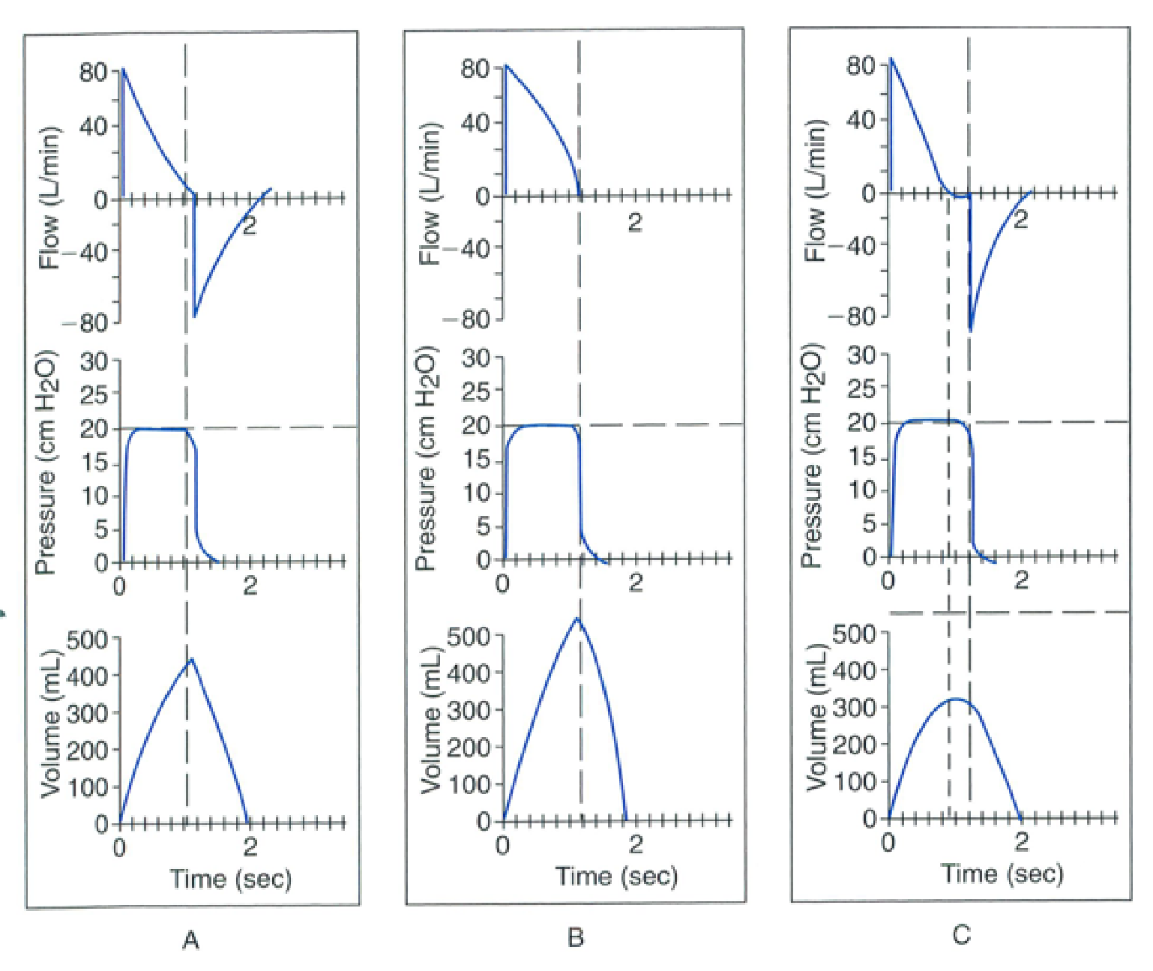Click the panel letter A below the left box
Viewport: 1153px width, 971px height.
pos(190,940)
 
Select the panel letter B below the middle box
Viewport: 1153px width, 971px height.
pos(576,937)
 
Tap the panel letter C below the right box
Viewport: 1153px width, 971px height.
pos(961,935)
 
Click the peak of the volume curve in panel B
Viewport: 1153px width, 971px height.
pos(577,618)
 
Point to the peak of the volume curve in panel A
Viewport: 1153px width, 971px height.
pos(191,658)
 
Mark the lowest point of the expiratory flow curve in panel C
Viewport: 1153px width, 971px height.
pos(971,331)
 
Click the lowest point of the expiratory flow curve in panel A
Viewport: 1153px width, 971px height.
pos(194,316)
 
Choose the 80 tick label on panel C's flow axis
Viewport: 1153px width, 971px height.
pos(861,66)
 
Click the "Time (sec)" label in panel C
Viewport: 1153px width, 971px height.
pos(1002,874)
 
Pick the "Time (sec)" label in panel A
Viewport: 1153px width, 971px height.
pos(230,878)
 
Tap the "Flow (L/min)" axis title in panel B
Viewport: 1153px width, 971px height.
pos(430,193)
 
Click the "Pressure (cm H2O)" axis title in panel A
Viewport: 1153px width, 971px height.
pos(45,463)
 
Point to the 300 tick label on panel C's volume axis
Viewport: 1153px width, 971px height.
pos(855,708)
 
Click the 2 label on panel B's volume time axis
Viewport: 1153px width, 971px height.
pos(636,845)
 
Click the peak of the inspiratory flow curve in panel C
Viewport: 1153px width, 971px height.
pos(891,58)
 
